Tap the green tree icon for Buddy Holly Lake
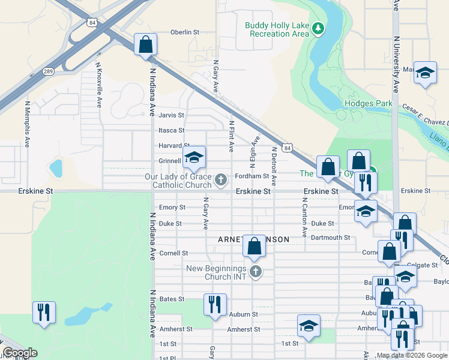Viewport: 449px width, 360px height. point(319,29)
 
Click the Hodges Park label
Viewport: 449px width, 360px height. point(368,103)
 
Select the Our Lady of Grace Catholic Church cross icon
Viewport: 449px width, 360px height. point(221,180)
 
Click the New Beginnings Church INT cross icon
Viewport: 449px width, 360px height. point(256,272)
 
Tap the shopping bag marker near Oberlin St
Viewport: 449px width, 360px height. point(145,44)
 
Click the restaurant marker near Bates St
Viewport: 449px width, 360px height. point(214,305)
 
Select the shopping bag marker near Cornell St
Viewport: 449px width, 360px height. point(254,245)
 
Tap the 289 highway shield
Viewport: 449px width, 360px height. point(48,71)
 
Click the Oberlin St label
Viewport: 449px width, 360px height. point(184,32)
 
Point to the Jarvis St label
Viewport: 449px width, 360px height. point(171,115)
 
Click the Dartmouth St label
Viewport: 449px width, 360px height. point(330,238)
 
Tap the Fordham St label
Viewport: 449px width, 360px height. point(252,176)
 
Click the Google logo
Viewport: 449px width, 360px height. point(20,353)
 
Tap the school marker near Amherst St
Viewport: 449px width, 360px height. point(309,326)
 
